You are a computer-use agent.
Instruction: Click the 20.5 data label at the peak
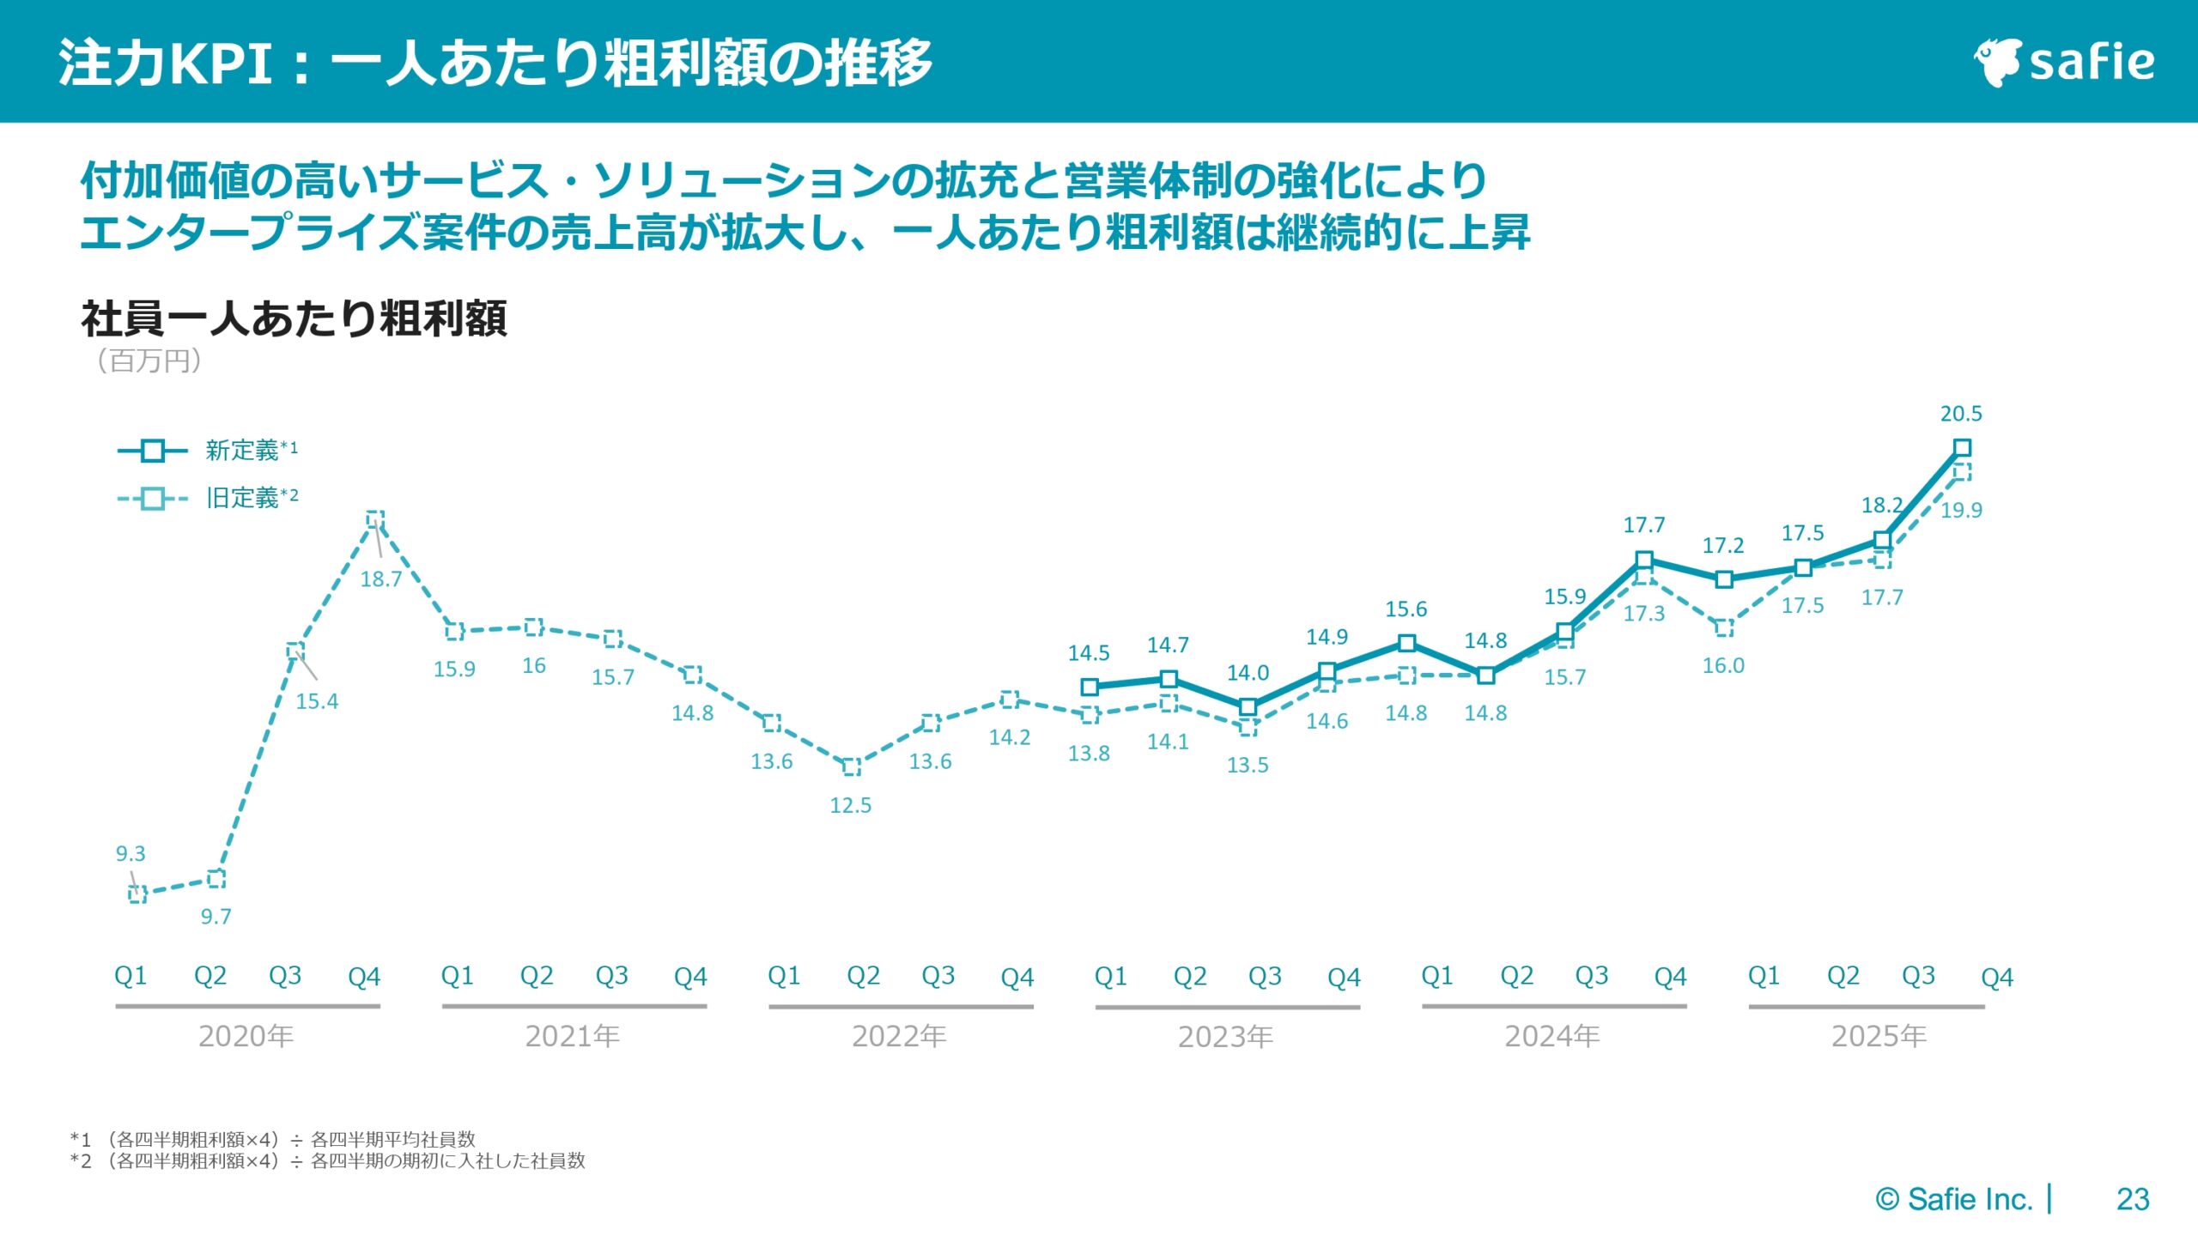(1961, 414)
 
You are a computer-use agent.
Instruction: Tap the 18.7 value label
(380, 579)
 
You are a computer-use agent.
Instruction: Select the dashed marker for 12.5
(851, 766)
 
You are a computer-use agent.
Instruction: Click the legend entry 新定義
(241, 450)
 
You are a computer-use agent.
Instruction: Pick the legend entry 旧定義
(241, 498)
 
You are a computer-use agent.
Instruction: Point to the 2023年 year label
(1225, 1037)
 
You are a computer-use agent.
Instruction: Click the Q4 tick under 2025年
(1996, 977)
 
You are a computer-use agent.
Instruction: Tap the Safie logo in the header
(2065, 62)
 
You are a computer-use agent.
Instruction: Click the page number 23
(2133, 1199)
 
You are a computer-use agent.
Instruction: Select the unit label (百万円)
(149, 360)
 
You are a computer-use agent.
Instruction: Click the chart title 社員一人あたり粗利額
(294, 318)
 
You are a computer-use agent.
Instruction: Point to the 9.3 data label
(131, 853)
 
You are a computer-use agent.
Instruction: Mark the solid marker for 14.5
(1090, 687)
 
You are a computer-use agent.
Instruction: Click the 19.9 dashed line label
(1961, 510)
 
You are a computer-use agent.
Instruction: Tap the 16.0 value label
(1723, 665)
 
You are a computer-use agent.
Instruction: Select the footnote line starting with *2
(327, 1161)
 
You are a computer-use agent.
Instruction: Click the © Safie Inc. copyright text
(1953, 1199)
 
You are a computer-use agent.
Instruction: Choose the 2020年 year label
(246, 1037)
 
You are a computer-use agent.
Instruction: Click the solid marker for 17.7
(1644, 560)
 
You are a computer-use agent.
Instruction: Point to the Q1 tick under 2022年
(784, 976)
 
